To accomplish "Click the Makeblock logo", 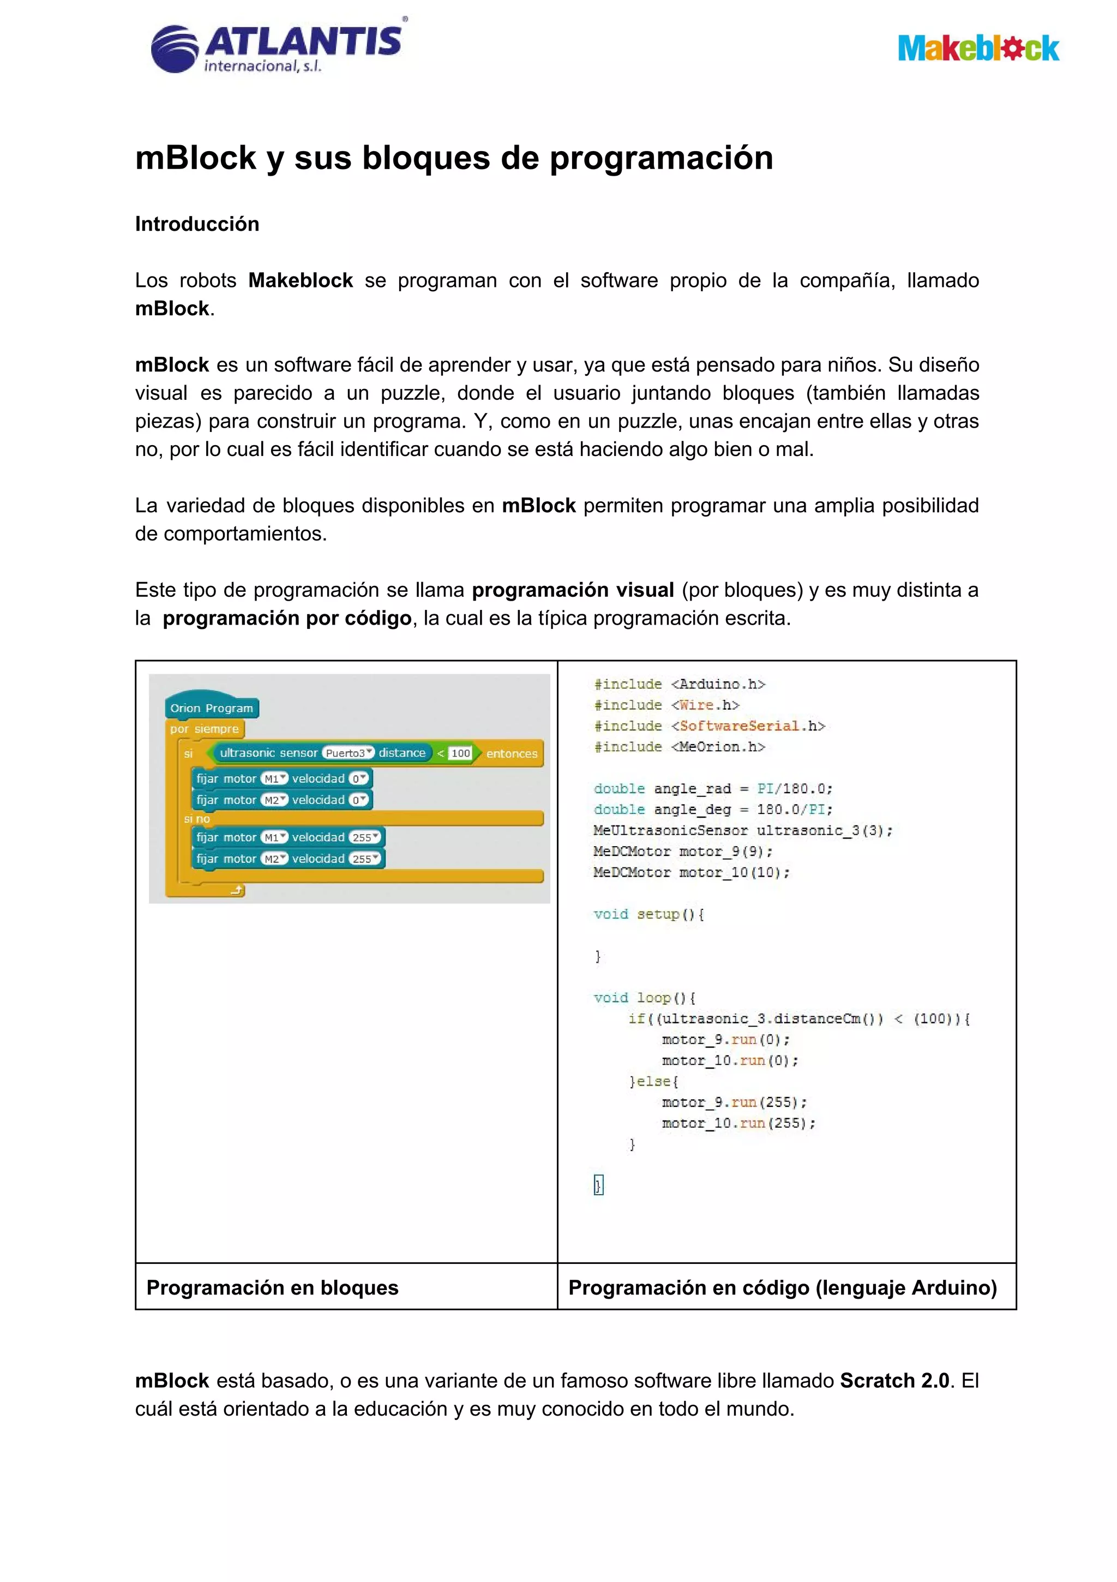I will tap(978, 48).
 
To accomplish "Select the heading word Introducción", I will tap(197, 224).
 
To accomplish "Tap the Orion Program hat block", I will tap(212, 708).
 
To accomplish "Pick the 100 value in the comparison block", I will tap(460, 753).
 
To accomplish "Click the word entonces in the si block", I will tap(511, 754).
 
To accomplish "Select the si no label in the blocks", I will tap(197, 819).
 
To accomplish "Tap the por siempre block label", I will tap(205, 729).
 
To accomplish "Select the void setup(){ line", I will tap(648, 914).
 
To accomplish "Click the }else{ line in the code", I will tap(654, 1082).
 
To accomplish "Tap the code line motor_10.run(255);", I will tap(738, 1124).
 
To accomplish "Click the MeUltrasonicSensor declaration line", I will tap(743, 831).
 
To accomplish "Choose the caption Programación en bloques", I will tap(272, 1288).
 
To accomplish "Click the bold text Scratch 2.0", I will tap(894, 1381).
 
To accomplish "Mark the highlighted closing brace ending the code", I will tap(598, 1185).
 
